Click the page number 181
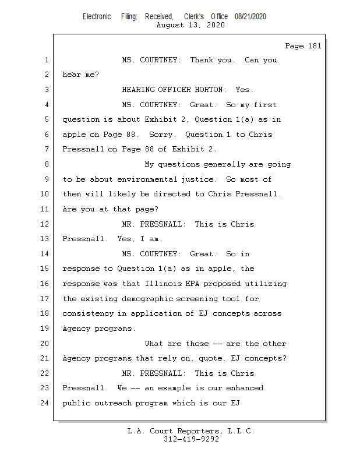[313, 46]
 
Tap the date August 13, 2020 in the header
[191, 25]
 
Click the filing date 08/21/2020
[250, 16]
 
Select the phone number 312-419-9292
[191, 439]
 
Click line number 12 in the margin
[45, 224]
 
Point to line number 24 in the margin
[45, 403]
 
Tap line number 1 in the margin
[45, 60]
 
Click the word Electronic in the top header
[97, 16]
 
